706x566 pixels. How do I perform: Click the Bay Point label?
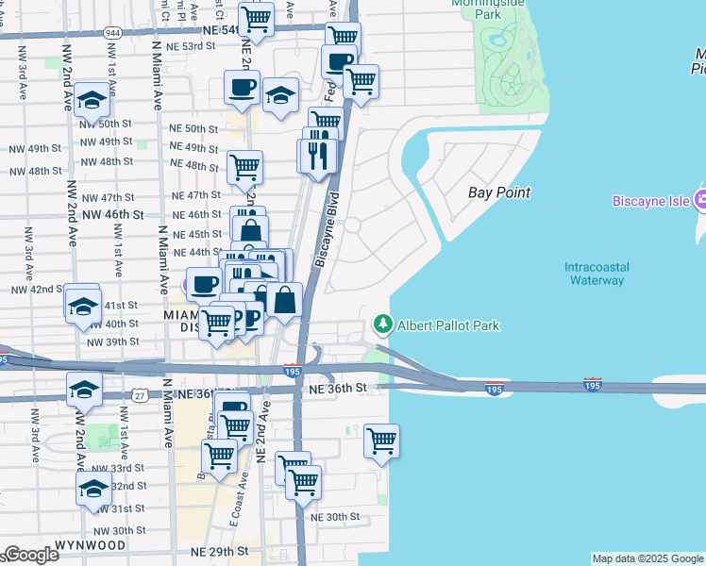coord(498,192)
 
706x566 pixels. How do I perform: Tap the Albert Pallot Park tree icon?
coord(382,325)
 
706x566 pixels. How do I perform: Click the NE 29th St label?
coord(220,550)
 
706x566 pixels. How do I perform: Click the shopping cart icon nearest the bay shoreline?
coord(381,441)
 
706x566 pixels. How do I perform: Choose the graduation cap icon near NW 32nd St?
coord(93,489)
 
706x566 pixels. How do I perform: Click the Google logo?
coord(30,555)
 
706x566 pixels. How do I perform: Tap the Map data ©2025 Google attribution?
coord(647,558)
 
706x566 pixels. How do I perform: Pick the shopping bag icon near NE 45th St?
coord(250,231)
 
